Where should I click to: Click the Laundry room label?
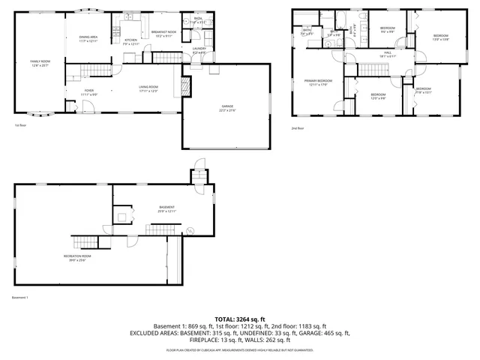(x=199, y=50)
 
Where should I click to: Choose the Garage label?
(x=226, y=108)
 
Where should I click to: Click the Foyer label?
(x=88, y=91)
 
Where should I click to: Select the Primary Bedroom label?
(x=318, y=82)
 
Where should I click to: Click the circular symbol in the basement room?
(x=189, y=229)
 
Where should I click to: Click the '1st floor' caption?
(x=21, y=125)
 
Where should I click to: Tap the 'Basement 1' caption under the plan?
(x=20, y=298)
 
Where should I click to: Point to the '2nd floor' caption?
(x=298, y=128)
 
